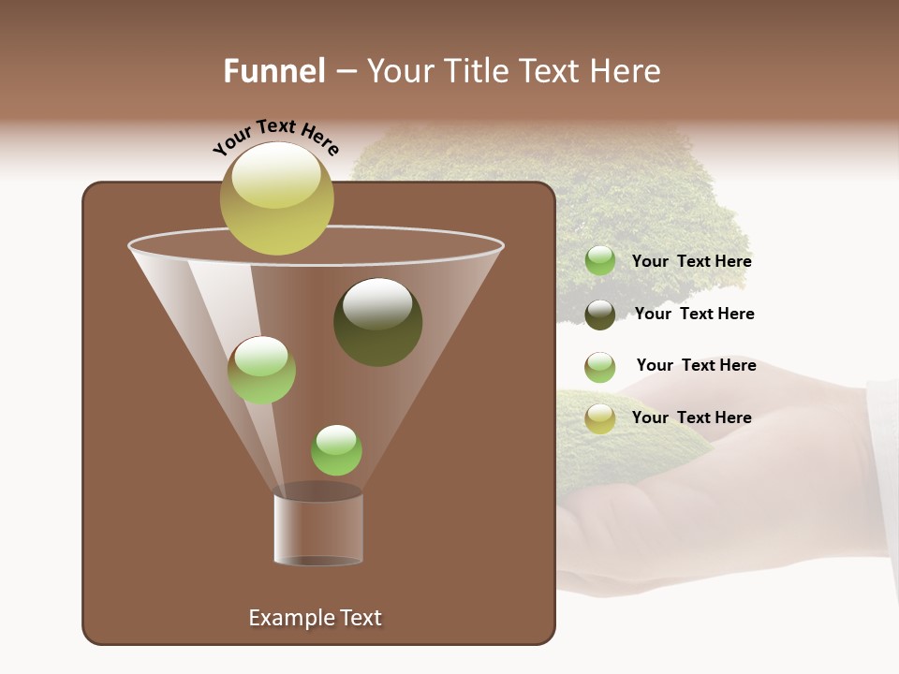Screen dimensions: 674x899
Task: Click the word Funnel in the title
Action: click(x=273, y=71)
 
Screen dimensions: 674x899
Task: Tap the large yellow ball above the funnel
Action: click(x=276, y=198)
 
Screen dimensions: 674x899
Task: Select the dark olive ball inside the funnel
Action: click(x=377, y=322)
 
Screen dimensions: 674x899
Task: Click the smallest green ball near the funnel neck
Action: click(x=336, y=449)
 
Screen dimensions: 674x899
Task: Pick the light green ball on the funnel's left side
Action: click(x=261, y=370)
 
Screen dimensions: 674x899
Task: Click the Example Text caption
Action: click(x=315, y=618)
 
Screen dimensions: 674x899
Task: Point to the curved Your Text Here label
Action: click(x=276, y=137)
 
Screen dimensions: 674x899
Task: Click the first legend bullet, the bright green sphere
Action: click(x=600, y=261)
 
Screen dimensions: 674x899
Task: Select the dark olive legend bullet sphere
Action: click(x=600, y=315)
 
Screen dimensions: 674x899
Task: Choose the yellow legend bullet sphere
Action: click(x=600, y=418)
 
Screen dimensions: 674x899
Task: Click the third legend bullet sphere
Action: click(x=600, y=367)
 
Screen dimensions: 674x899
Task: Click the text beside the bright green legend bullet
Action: click(x=691, y=262)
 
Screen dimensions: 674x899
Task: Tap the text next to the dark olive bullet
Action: click(x=694, y=315)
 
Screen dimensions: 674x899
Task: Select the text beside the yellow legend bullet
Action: click(x=691, y=418)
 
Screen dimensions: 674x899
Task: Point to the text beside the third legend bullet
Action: click(x=696, y=366)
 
